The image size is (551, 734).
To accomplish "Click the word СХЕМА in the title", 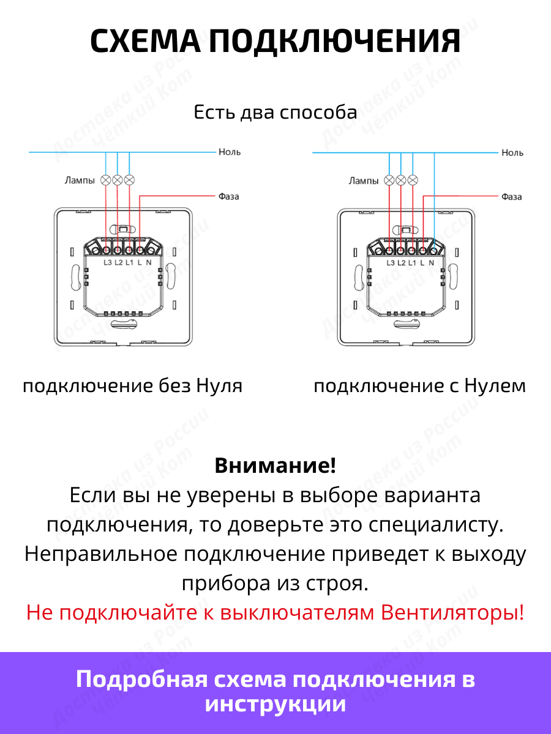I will pyautogui.click(x=145, y=42).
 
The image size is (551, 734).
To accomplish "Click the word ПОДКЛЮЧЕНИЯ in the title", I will pyautogui.click(x=334, y=42).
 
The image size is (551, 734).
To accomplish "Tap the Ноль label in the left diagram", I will pyautogui.click(x=230, y=152).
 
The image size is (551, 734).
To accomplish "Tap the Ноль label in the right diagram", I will pyautogui.click(x=512, y=152).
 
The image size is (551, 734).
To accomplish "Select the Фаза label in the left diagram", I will pyautogui.click(x=228, y=196).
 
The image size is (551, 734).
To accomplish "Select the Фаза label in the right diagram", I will pyautogui.click(x=511, y=197).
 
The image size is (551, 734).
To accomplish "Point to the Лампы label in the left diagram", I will pyautogui.click(x=80, y=180).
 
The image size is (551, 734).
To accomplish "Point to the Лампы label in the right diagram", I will pyautogui.click(x=364, y=180).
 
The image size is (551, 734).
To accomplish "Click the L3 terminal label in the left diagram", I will pyautogui.click(x=108, y=262).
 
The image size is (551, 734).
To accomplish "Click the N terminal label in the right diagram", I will pyautogui.click(x=431, y=262).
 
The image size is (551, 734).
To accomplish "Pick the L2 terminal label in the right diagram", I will pyautogui.click(x=402, y=262).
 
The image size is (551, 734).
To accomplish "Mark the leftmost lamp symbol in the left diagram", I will pyautogui.click(x=106, y=180).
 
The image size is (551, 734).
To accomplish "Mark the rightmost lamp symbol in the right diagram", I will pyautogui.click(x=413, y=180).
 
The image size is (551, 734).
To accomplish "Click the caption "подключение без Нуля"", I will pyautogui.click(x=132, y=386).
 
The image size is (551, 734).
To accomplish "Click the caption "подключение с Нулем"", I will pyautogui.click(x=419, y=386).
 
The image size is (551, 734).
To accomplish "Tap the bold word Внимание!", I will pyautogui.click(x=275, y=465).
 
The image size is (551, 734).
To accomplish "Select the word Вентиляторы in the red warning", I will pyautogui.click(x=452, y=612).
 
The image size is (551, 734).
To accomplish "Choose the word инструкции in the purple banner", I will pyautogui.click(x=275, y=704).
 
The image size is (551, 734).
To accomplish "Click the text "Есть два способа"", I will pyautogui.click(x=275, y=113).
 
